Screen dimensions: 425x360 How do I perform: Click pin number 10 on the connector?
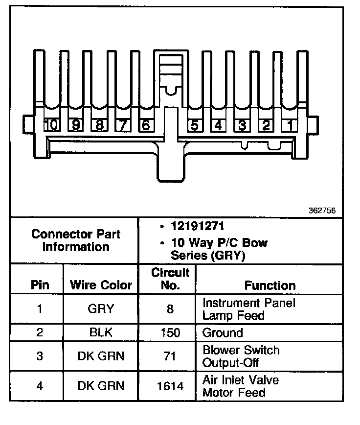[51, 125]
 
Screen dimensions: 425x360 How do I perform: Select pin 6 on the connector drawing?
[145, 125]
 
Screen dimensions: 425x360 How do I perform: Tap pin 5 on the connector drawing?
[194, 125]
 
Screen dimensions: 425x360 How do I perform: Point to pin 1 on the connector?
[290, 125]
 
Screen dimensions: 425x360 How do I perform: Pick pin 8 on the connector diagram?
[99, 125]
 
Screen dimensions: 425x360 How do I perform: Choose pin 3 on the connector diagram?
[242, 125]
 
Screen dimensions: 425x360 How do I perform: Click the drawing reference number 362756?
[322, 211]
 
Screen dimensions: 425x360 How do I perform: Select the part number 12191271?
[200, 227]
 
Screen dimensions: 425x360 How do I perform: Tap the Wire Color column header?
[101, 285]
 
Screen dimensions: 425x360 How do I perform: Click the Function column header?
[270, 285]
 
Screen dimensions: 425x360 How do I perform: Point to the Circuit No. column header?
[170, 279]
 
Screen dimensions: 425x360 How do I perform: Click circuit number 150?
[170, 333]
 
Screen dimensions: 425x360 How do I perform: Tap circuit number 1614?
[170, 386]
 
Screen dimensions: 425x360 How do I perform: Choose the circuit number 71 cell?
[170, 356]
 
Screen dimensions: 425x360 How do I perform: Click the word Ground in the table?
[223, 333]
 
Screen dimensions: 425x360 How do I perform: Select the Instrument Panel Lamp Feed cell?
[248, 309]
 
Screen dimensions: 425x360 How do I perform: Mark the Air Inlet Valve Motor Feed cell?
[241, 386]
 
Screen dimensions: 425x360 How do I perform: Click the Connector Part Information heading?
[76, 240]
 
